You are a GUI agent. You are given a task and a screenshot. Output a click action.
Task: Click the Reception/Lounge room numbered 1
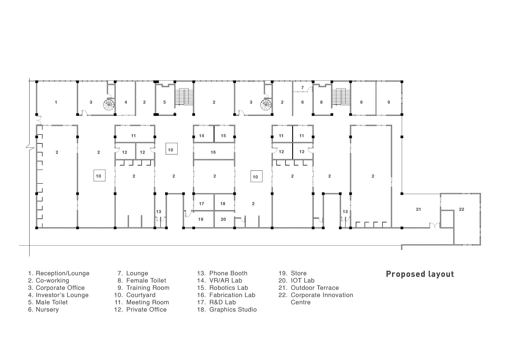point(56,102)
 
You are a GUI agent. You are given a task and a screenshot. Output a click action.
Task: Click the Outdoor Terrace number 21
point(418,209)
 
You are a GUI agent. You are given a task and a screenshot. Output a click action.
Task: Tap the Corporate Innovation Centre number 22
point(461,209)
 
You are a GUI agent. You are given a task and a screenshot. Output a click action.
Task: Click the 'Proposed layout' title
point(420,274)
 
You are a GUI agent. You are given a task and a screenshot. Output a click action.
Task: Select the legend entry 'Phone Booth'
point(222,273)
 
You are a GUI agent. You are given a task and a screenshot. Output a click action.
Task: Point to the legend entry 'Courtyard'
point(135,295)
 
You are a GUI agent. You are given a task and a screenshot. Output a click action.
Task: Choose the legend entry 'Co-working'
point(49,280)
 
